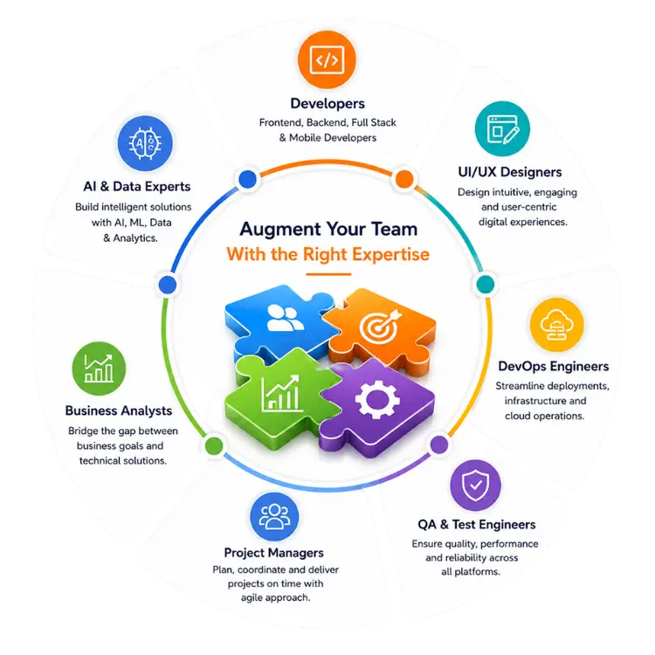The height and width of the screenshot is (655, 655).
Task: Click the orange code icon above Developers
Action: tap(327, 59)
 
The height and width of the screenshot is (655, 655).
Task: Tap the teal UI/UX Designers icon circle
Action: tap(502, 128)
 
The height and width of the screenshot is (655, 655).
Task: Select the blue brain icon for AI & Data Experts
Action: tap(145, 143)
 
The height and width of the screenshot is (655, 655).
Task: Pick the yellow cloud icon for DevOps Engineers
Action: tap(556, 325)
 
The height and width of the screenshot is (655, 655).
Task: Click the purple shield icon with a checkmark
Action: tap(475, 486)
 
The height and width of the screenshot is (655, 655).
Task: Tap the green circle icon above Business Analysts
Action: tap(99, 369)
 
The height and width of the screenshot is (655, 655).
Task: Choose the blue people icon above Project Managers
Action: tap(274, 517)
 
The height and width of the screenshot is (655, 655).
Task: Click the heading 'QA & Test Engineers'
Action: tap(477, 524)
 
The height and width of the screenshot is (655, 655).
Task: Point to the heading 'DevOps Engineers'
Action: tap(554, 366)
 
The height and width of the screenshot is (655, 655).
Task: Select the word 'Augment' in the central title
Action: tap(279, 230)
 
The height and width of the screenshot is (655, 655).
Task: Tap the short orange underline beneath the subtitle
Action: tap(328, 274)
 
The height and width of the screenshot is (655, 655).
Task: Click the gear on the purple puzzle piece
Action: tap(377, 399)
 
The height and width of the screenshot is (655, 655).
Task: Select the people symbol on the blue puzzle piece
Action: tap(285, 318)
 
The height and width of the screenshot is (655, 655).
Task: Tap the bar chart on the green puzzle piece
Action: tap(280, 393)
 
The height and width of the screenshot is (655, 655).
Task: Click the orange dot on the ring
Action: tap(404, 179)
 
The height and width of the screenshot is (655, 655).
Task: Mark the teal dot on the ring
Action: tap(486, 285)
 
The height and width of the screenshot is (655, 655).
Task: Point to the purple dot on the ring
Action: tap(439, 444)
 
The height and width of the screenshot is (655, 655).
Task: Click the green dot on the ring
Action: tap(214, 445)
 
